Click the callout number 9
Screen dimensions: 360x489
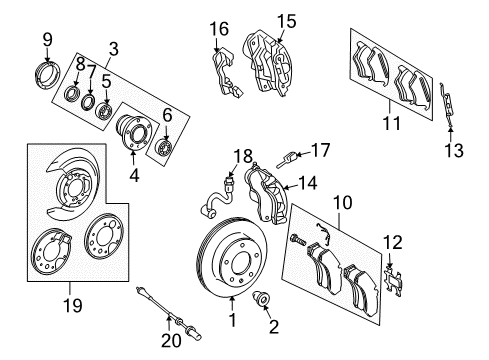[x=46, y=39]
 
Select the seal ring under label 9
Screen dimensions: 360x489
[x=48, y=75]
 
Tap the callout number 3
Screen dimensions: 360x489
[x=114, y=47]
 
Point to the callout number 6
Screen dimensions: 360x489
[x=167, y=115]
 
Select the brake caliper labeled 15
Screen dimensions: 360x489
[x=266, y=59]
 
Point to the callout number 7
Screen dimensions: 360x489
[x=92, y=72]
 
